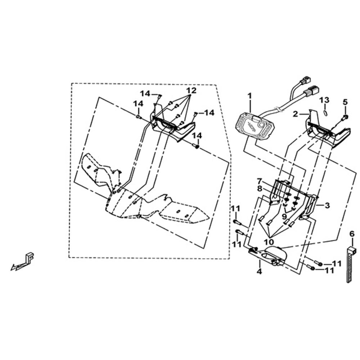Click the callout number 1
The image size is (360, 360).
point(249,95)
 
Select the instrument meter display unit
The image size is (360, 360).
point(255,126)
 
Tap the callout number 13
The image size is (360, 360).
point(325,100)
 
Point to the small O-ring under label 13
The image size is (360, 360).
point(325,112)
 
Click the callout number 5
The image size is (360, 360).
point(345,102)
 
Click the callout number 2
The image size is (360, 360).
point(296,114)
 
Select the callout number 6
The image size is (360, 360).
point(352,234)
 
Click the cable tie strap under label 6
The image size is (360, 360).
point(350,265)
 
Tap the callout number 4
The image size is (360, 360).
point(259,271)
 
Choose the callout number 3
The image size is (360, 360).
point(327,205)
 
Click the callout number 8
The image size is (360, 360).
point(260,189)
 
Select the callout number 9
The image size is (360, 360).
point(284,216)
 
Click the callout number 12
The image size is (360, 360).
point(191,90)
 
